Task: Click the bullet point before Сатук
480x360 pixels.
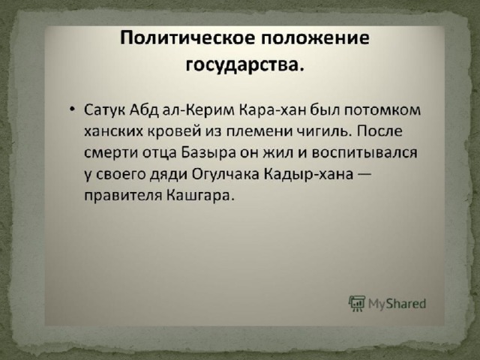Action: tap(72, 109)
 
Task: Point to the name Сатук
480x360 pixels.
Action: tap(104, 110)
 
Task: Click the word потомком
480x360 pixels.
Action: tap(383, 110)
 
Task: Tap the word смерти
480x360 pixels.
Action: tap(111, 153)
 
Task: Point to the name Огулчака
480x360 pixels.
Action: tap(226, 175)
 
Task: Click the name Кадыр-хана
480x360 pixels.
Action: tap(308, 175)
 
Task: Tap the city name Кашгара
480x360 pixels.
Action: tap(200, 196)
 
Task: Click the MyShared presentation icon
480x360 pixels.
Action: tap(357, 303)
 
